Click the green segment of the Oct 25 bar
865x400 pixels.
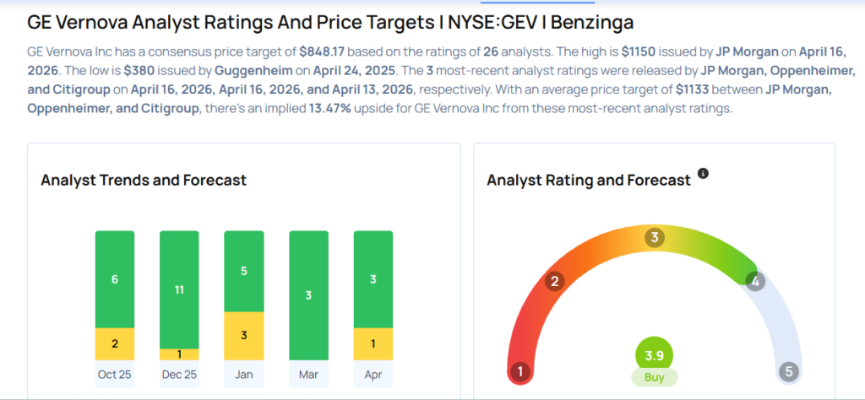click(x=116, y=279)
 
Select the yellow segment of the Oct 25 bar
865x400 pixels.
click(x=116, y=344)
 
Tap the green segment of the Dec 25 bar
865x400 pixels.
click(x=180, y=289)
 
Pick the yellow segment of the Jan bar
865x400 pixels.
click(x=244, y=336)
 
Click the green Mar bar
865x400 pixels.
click(x=308, y=295)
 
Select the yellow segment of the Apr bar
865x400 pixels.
click(x=373, y=344)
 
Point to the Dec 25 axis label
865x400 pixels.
click(x=180, y=375)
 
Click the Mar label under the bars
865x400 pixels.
click(x=308, y=375)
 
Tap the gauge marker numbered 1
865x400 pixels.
click(x=521, y=371)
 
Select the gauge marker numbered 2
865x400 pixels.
click(x=555, y=282)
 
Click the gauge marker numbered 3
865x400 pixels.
click(x=653, y=238)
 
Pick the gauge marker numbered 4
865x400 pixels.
click(x=755, y=282)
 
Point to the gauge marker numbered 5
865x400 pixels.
click(x=789, y=371)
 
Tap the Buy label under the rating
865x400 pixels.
click(x=654, y=378)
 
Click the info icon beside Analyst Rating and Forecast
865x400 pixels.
click(x=703, y=174)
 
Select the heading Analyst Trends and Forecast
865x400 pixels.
click(x=144, y=180)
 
